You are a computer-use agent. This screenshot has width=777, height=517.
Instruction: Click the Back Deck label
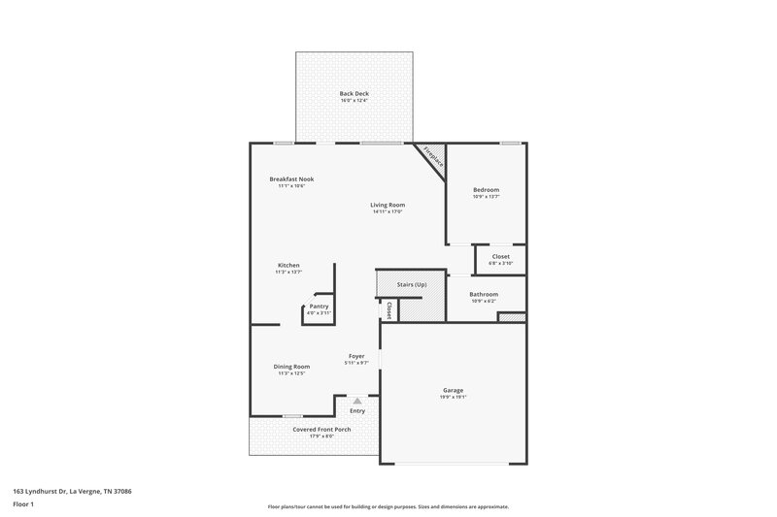pyautogui.click(x=354, y=93)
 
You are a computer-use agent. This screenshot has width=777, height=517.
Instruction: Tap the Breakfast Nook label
pyautogui.click(x=291, y=178)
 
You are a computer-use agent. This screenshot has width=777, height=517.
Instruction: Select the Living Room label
pyautogui.click(x=388, y=205)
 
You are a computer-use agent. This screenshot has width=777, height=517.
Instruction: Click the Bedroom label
pyautogui.click(x=486, y=189)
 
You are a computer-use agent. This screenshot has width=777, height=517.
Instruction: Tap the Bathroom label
pyautogui.click(x=484, y=294)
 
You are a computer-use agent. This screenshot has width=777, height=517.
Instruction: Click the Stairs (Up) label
pyautogui.click(x=412, y=284)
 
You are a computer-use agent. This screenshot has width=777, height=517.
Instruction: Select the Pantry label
pyautogui.click(x=319, y=306)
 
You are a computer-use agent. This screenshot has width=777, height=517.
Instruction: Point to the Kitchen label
pyautogui.click(x=288, y=265)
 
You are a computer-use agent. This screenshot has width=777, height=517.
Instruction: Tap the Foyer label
pyautogui.click(x=356, y=356)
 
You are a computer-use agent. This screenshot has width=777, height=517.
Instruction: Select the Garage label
pyautogui.click(x=453, y=390)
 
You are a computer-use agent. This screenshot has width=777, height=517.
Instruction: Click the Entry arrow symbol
pyautogui.click(x=357, y=400)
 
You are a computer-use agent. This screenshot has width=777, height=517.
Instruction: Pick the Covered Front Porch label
pyautogui.click(x=321, y=429)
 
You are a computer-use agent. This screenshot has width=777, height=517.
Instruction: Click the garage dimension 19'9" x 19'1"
pyautogui.click(x=453, y=398)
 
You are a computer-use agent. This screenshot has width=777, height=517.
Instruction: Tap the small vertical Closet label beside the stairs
pyautogui.click(x=388, y=310)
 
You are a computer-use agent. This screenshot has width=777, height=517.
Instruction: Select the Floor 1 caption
pyautogui.click(x=23, y=505)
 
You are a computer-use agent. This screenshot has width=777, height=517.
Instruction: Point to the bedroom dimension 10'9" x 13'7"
pyautogui.click(x=486, y=197)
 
